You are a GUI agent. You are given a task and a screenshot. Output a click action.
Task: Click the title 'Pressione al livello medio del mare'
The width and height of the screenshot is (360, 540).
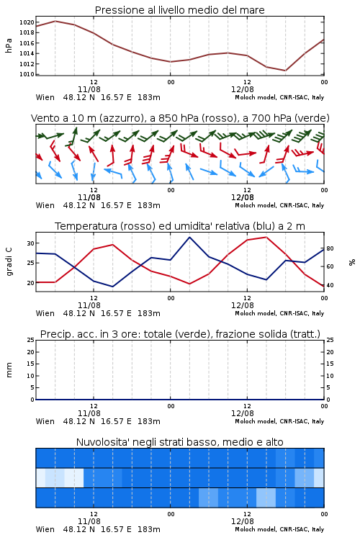[179, 10]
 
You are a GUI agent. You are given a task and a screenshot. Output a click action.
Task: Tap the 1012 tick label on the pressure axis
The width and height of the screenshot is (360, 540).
[27, 63]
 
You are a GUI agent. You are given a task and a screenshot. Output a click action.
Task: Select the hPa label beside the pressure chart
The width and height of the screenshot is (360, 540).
[9, 45]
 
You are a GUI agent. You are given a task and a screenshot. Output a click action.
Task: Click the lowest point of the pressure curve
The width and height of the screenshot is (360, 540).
[285, 71]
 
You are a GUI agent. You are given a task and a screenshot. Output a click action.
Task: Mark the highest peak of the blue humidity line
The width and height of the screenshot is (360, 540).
[189, 238]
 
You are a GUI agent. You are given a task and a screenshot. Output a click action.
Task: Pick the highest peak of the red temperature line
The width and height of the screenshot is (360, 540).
[266, 238]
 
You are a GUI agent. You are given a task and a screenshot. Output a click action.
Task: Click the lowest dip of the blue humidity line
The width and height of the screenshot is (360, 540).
[112, 287]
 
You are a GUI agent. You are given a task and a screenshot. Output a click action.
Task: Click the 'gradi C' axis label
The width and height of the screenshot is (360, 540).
[9, 262]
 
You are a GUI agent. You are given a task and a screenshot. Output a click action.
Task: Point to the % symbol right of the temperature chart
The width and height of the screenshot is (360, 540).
[352, 262]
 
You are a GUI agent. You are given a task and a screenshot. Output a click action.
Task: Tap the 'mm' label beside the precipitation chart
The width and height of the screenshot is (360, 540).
[9, 370]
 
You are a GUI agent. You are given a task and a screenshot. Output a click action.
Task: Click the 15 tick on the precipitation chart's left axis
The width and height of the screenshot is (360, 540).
[31, 364]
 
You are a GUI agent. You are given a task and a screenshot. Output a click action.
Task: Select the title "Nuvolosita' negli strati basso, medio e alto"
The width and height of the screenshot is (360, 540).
[179, 442]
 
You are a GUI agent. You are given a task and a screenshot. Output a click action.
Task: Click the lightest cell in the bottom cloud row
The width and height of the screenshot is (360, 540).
[266, 498]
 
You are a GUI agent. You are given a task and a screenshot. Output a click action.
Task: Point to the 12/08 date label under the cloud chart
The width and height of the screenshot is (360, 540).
[243, 521]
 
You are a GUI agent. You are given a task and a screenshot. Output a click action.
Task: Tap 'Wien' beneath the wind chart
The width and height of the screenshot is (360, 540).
[45, 205]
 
